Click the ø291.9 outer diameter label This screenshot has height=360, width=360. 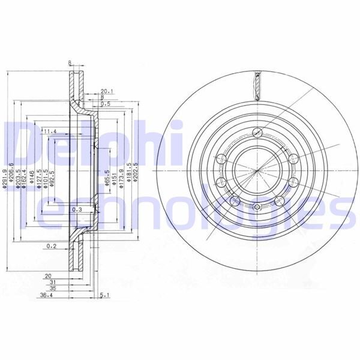pos(5,178)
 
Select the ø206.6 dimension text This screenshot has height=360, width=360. pos(12,178)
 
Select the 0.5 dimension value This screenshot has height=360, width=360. pos(106,103)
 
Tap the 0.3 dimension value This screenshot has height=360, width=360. pos(76,210)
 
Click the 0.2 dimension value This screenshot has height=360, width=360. pos(52,246)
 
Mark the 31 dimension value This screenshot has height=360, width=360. pos(53,281)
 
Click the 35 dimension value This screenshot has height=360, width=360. pos(53,288)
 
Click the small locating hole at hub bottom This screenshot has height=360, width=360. pos(256,208)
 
